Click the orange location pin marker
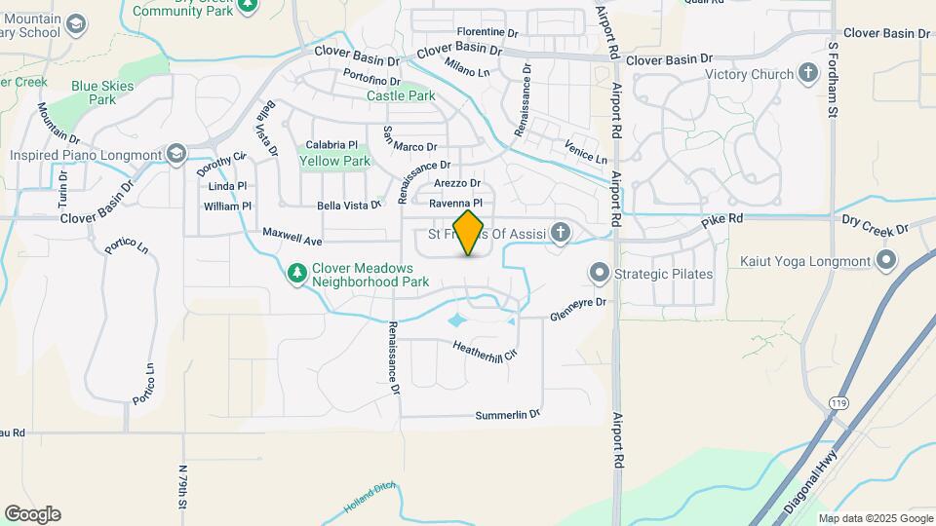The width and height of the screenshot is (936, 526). pyautogui.click(x=469, y=233)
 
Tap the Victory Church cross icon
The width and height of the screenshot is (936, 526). pyautogui.click(x=807, y=73)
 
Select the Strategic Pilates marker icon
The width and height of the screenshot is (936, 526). pyautogui.click(x=599, y=274)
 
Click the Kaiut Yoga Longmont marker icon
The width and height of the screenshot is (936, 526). pyautogui.click(x=885, y=261)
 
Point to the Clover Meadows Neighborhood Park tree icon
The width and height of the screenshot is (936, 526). pyautogui.click(x=298, y=275)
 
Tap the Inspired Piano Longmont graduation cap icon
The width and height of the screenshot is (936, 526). pyautogui.click(x=175, y=155)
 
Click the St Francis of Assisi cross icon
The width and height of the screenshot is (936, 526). pyautogui.click(x=560, y=233)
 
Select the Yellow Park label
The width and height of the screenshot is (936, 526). pyautogui.click(x=334, y=161)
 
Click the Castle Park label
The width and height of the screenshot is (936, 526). pyautogui.click(x=401, y=96)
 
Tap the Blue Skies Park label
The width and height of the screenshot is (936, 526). pyautogui.click(x=101, y=93)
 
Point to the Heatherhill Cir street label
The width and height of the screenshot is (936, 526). pyautogui.click(x=484, y=350)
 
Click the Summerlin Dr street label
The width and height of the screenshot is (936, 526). pyautogui.click(x=507, y=415)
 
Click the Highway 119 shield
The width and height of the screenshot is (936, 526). pyautogui.click(x=838, y=400)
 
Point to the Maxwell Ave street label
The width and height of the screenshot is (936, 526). pyautogui.click(x=292, y=237)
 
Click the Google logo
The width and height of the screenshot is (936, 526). pyautogui.click(x=32, y=513)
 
